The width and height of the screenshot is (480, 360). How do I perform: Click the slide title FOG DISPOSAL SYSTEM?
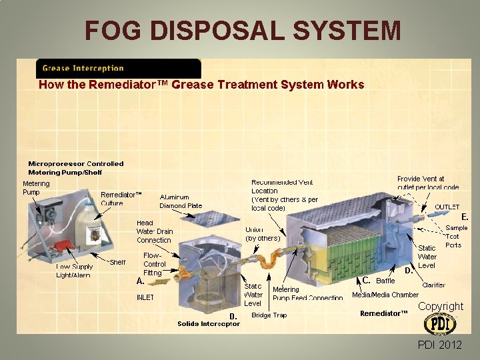[243, 30]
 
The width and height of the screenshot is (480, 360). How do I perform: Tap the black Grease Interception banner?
[118, 68]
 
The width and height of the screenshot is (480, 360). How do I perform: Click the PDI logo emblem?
[440, 324]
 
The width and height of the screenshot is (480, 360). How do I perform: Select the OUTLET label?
[447, 207]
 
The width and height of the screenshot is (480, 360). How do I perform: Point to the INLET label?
[145, 297]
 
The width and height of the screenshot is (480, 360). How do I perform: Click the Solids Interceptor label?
[208, 324]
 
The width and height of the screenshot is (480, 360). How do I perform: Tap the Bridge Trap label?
[269, 315]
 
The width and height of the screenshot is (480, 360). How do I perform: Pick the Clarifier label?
[434, 285]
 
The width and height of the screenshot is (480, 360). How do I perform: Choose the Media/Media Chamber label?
[385, 295]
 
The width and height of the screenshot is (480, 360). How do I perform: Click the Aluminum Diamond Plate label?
[181, 201]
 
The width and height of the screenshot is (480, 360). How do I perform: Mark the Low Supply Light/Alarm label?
[73, 271]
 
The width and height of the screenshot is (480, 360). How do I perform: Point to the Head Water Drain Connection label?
[154, 231]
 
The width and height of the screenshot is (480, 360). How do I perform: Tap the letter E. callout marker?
[465, 217]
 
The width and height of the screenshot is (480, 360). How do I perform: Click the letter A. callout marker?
[141, 281]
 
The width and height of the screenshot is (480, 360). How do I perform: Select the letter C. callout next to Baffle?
[367, 279]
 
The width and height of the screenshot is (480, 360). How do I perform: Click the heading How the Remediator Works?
[201, 85]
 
